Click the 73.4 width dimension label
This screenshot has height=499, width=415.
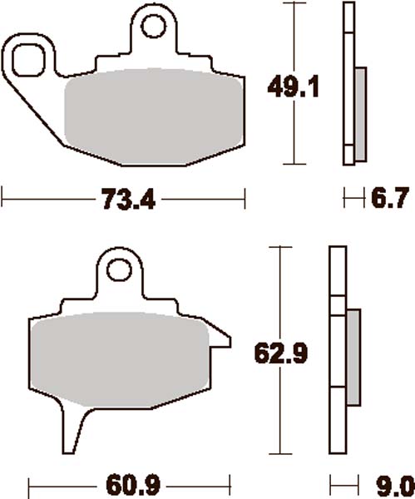124,200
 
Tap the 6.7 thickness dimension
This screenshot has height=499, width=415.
388,200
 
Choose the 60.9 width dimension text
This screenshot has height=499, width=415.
128,483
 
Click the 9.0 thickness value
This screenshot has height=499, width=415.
390,483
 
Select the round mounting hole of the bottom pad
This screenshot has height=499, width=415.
121,272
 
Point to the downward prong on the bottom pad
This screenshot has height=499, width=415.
72,428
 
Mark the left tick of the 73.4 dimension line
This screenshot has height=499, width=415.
4,200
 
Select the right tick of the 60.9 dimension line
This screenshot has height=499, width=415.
228,483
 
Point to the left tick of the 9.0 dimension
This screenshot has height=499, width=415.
331,483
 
